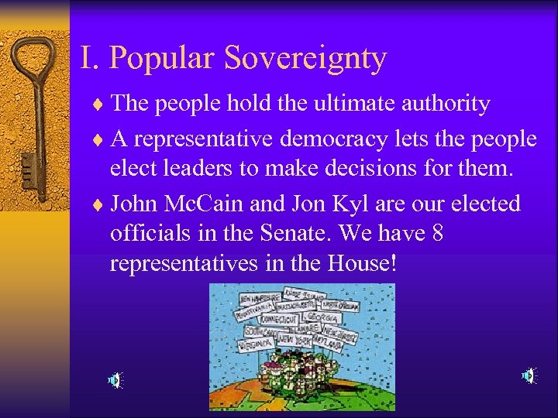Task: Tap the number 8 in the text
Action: click(437, 234)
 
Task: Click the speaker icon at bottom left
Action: click(115, 380)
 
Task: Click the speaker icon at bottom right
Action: click(529, 376)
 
